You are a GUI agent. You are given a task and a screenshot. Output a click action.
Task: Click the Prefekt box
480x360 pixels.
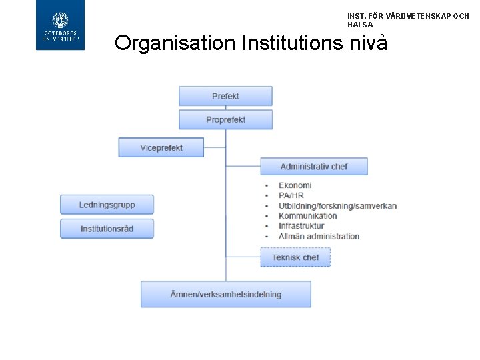coord(225,96)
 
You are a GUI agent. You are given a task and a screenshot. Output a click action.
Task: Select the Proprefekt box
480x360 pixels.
coord(225,120)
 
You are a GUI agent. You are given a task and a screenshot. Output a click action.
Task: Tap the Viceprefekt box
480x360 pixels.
coord(161,147)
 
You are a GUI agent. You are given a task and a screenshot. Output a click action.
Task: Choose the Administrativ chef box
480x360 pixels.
coord(313,166)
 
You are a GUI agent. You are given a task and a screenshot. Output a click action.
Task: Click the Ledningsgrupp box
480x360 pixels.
coord(107,205)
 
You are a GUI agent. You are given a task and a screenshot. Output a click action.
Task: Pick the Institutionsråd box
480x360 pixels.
coord(107,229)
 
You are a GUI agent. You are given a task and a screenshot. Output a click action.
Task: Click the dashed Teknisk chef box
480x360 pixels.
coord(295,257)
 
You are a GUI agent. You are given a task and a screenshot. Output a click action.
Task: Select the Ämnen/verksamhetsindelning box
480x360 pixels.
coord(225,294)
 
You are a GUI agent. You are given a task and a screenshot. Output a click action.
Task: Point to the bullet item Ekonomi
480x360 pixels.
coord(295,185)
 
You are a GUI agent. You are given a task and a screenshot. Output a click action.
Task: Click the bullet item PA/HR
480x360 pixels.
coord(291,195)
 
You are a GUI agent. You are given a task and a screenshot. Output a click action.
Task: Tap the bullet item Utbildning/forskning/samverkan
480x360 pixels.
coord(337,206)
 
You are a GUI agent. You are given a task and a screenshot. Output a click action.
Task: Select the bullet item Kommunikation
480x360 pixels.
coord(308,216)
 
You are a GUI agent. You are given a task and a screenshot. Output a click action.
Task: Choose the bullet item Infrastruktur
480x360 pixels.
coord(301,226)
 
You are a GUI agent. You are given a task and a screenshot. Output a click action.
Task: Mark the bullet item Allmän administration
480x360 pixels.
coord(319,236)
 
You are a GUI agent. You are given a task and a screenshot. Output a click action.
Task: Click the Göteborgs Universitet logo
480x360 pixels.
coord(60,25)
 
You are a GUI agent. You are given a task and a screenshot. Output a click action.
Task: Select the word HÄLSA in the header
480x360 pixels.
coord(360,25)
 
